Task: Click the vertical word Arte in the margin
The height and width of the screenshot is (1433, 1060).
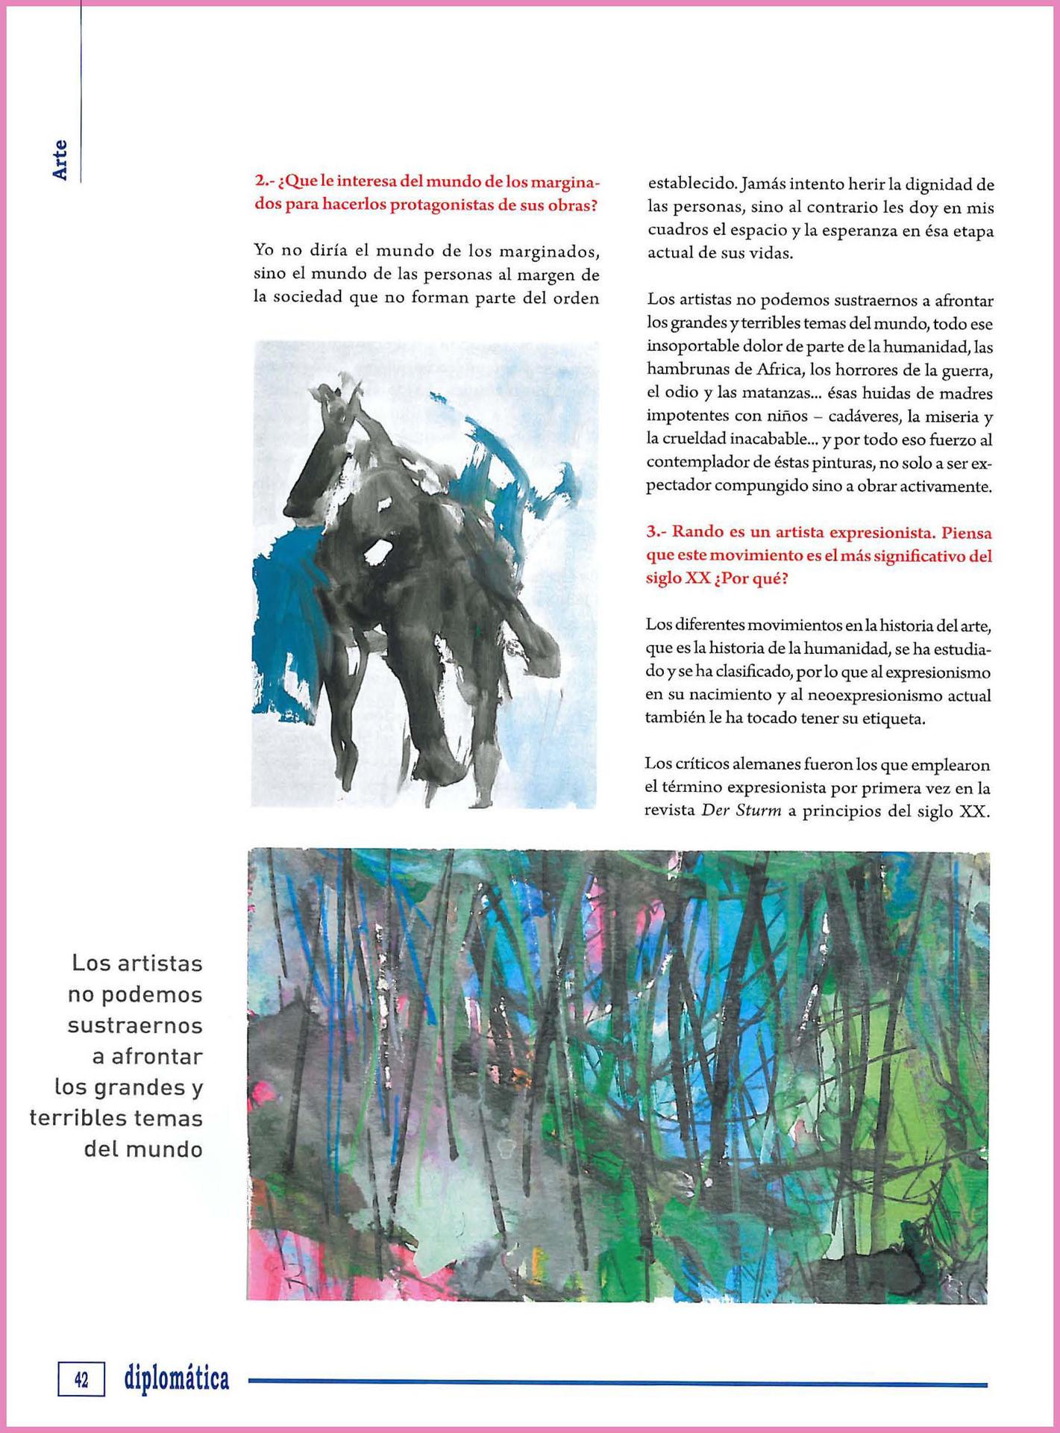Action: coord(60,159)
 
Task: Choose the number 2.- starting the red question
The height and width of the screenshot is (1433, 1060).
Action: coord(263,182)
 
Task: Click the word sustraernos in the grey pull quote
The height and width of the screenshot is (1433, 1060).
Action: coord(135,1025)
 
